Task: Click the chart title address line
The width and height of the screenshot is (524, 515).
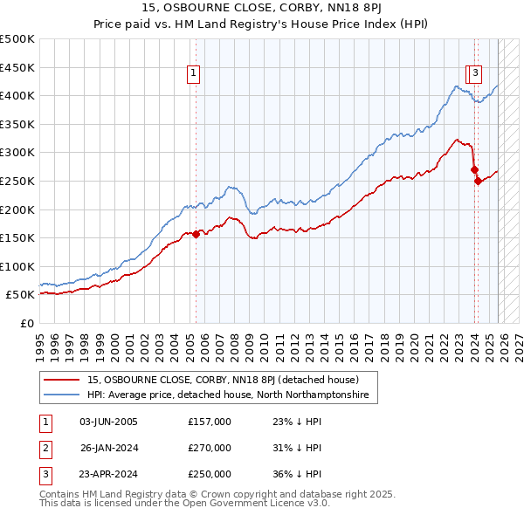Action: tap(261, 10)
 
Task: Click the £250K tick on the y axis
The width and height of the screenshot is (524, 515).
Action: tap(17, 181)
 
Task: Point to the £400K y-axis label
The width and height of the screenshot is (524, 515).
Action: tap(17, 95)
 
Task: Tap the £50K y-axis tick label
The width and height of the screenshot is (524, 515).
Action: tap(21, 295)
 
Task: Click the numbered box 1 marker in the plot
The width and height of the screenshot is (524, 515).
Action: tap(193, 74)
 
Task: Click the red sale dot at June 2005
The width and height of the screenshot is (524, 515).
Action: tap(196, 233)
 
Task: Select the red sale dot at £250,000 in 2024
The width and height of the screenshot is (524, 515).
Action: tap(478, 181)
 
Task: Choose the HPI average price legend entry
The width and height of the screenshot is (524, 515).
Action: tap(227, 395)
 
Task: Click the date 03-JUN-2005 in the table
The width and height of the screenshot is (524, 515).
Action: tap(108, 422)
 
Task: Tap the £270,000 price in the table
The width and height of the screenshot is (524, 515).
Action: tap(210, 448)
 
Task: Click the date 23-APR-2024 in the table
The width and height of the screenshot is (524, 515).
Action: tap(108, 474)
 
